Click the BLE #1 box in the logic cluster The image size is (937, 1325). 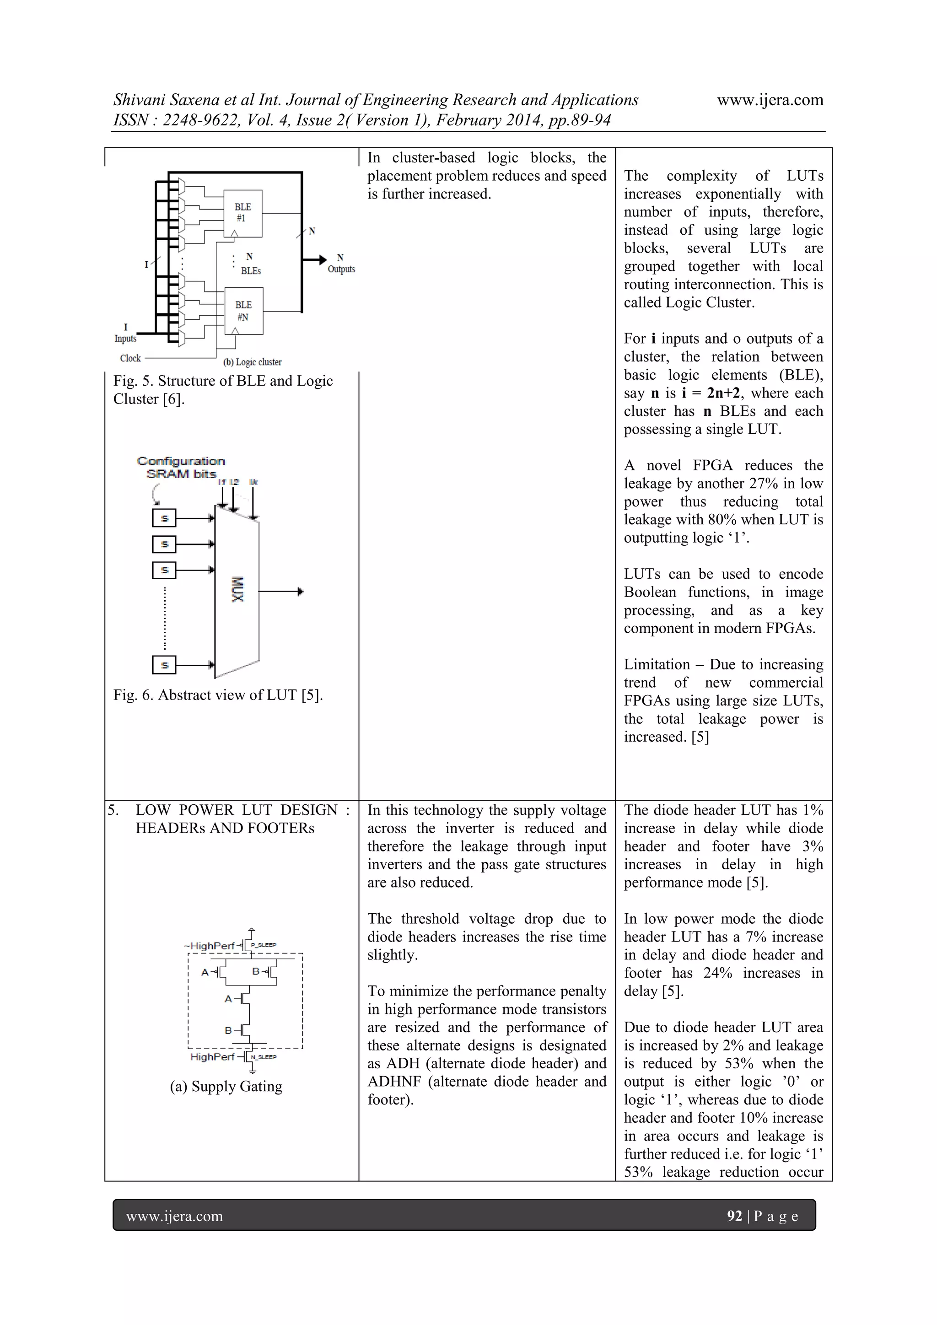[x=243, y=212]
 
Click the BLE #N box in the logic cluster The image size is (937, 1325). [x=243, y=311]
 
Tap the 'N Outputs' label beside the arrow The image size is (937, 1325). [x=341, y=264]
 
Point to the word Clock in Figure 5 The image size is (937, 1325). [x=130, y=358]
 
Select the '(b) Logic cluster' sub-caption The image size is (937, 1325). [x=252, y=362]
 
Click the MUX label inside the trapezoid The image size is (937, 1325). [x=237, y=589]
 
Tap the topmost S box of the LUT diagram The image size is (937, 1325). [x=164, y=518]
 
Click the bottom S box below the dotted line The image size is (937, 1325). [x=164, y=665]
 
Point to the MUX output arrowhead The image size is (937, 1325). [x=300, y=592]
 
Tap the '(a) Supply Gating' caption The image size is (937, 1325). [x=226, y=1087]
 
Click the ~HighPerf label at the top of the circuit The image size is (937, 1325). [x=209, y=946]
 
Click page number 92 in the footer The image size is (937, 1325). [x=734, y=1217]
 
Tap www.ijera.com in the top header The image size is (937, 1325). [x=770, y=100]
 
